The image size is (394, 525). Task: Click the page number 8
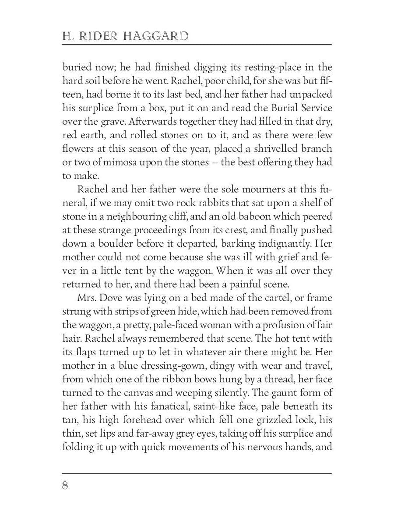[65, 486]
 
